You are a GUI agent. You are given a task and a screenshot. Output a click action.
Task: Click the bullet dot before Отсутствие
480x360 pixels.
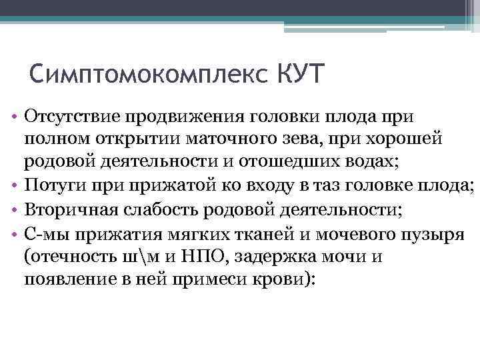pos(14,117)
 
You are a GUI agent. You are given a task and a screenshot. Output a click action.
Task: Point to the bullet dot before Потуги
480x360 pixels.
pos(14,185)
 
